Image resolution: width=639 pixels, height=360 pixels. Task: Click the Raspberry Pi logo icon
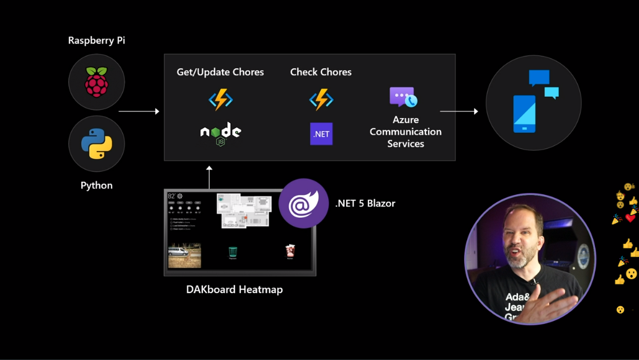click(97, 83)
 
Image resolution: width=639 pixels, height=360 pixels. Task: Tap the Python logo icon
click(97, 144)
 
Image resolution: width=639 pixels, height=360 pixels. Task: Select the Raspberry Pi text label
click(97, 41)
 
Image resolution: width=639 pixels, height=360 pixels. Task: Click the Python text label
click(97, 186)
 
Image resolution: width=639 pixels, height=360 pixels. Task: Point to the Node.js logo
click(220, 133)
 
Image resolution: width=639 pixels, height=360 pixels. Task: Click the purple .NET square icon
click(321, 134)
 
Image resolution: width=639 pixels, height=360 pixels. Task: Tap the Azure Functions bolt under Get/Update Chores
click(220, 100)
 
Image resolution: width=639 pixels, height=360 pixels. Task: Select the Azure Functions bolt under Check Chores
click(321, 100)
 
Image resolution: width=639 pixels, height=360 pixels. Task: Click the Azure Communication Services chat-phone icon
click(403, 97)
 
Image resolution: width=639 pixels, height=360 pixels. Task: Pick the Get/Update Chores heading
click(220, 72)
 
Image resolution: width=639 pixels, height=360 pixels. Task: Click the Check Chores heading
click(321, 72)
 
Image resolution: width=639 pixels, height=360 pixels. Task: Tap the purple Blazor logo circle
click(303, 203)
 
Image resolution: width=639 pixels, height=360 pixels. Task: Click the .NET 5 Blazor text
click(365, 203)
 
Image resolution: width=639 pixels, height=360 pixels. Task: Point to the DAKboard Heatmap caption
click(235, 289)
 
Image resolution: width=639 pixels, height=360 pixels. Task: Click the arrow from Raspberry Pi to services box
click(139, 112)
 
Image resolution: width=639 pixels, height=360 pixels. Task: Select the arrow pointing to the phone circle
click(459, 112)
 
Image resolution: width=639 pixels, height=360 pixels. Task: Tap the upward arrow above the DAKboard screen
click(210, 177)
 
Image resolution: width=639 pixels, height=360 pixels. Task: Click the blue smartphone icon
click(525, 114)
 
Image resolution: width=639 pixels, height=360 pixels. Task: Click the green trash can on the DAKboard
click(233, 251)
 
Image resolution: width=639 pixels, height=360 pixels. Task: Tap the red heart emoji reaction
click(630, 218)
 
